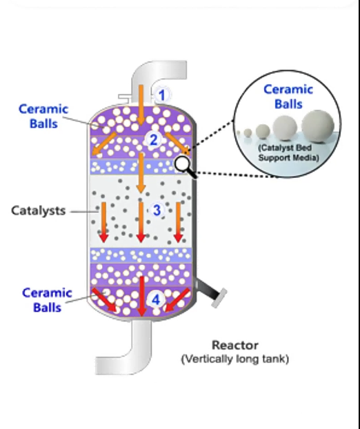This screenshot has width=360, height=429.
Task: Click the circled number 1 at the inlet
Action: point(162,95)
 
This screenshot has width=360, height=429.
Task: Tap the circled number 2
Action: point(154,140)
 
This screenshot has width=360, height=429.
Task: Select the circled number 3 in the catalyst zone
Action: point(157,210)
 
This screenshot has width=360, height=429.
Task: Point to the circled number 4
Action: point(155,300)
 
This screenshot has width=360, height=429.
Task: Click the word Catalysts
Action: point(39,210)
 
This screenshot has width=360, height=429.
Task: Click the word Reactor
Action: point(235,345)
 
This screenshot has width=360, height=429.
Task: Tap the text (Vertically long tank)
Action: point(235,359)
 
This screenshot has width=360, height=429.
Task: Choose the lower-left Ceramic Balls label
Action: point(47,300)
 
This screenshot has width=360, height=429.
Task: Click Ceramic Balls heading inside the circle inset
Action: point(288,97)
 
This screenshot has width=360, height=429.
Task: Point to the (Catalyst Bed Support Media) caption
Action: point(288,153)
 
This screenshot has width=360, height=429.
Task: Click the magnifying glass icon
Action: point(186,167)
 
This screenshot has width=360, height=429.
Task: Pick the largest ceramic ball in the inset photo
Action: point(318,126)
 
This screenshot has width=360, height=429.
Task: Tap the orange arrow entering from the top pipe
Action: point(141,105)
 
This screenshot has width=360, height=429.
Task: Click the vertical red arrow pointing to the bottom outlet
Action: point(141,297)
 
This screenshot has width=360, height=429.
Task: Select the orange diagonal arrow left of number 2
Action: point(104,143)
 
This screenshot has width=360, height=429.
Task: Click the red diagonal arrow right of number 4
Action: point(177,300)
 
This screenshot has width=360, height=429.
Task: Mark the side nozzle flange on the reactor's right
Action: point(219,298)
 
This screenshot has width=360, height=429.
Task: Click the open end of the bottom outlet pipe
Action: point(97,366)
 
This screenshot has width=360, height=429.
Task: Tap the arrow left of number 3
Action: point(103,222)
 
